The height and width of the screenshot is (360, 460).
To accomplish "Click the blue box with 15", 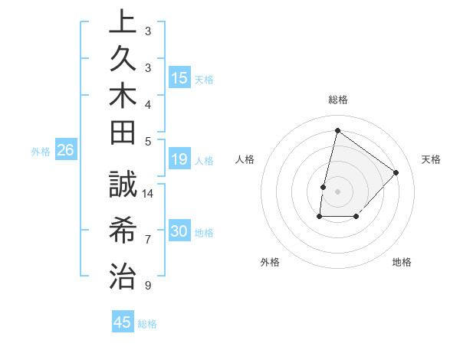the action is click(179, 78).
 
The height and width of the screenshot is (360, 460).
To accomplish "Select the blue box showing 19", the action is click(179, 159).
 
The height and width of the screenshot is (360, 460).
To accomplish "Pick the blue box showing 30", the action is click(179, 231).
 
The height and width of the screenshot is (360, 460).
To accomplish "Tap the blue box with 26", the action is click(66, 151).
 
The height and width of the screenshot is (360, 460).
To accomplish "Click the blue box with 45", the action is click(123, 322).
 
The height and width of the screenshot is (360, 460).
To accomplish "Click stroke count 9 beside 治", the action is click(147, 286).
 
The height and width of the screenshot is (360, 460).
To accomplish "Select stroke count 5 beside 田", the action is click(147, 141).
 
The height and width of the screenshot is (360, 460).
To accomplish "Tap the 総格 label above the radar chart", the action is click(338, 100).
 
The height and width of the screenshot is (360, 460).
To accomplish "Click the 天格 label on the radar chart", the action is click(431, 159).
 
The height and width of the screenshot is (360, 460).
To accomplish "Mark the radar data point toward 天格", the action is click(396, 172).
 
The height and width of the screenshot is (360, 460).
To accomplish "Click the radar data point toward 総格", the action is click(337, 130).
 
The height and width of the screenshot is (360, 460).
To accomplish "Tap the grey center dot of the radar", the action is click(337, 191).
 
